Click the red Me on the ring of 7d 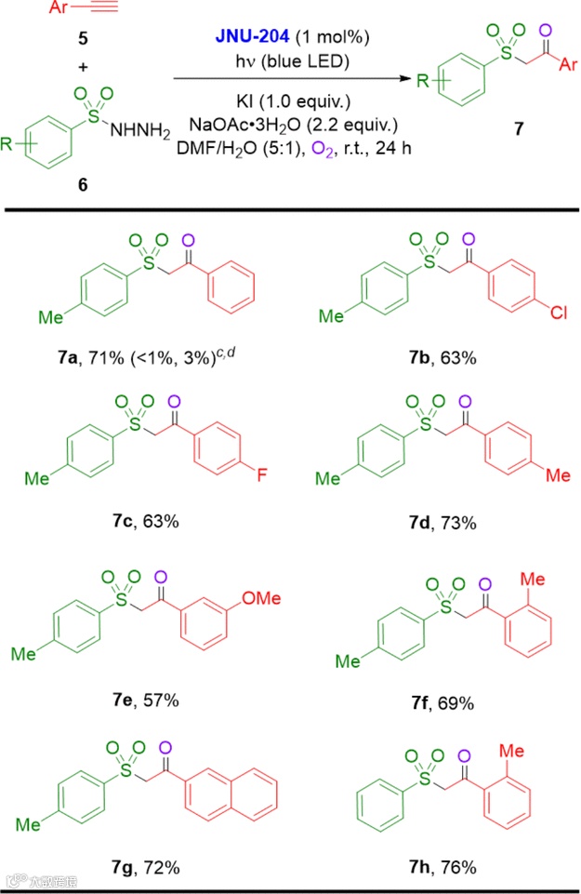tap(557, 476)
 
